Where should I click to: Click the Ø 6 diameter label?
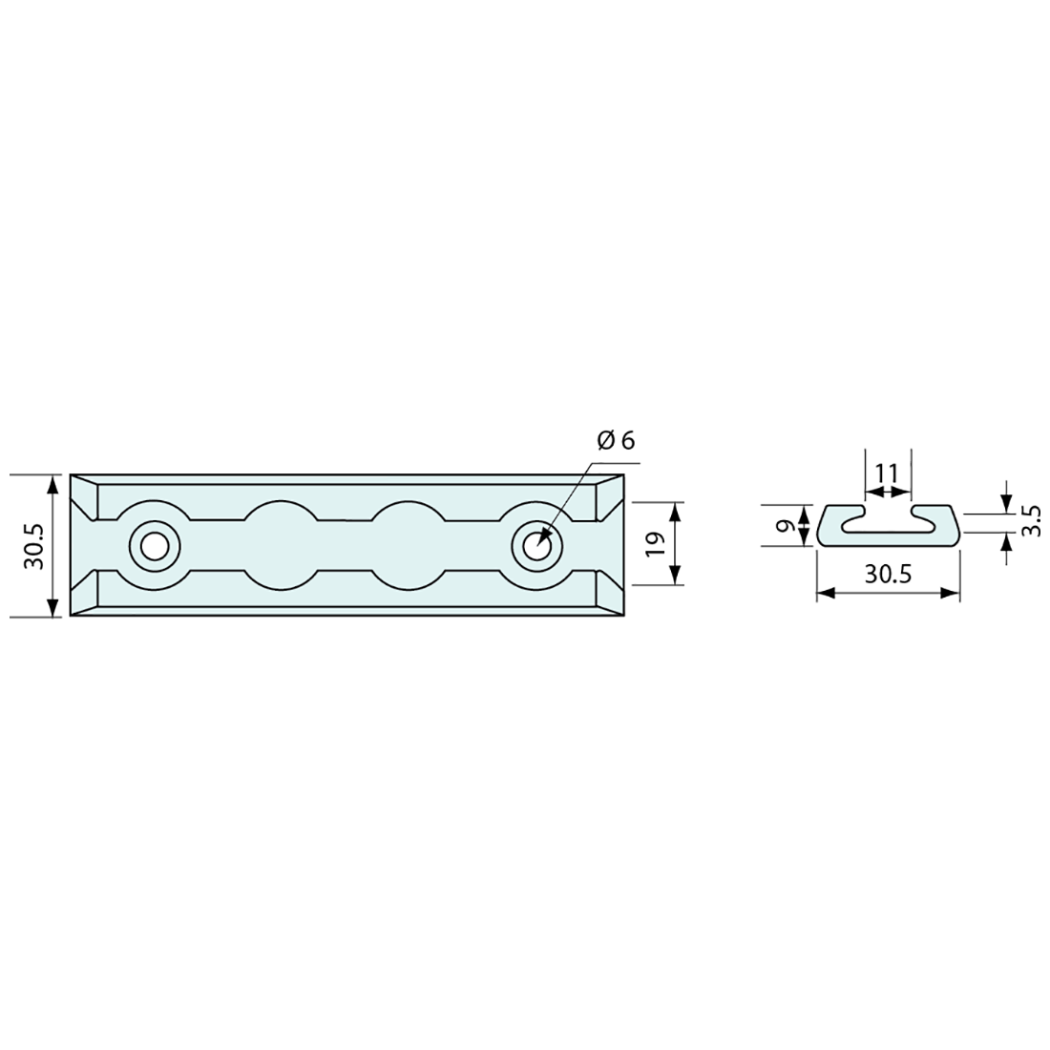[616, 441]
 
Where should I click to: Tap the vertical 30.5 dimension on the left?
[33, 546]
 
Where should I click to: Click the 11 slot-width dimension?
[887, 473]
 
